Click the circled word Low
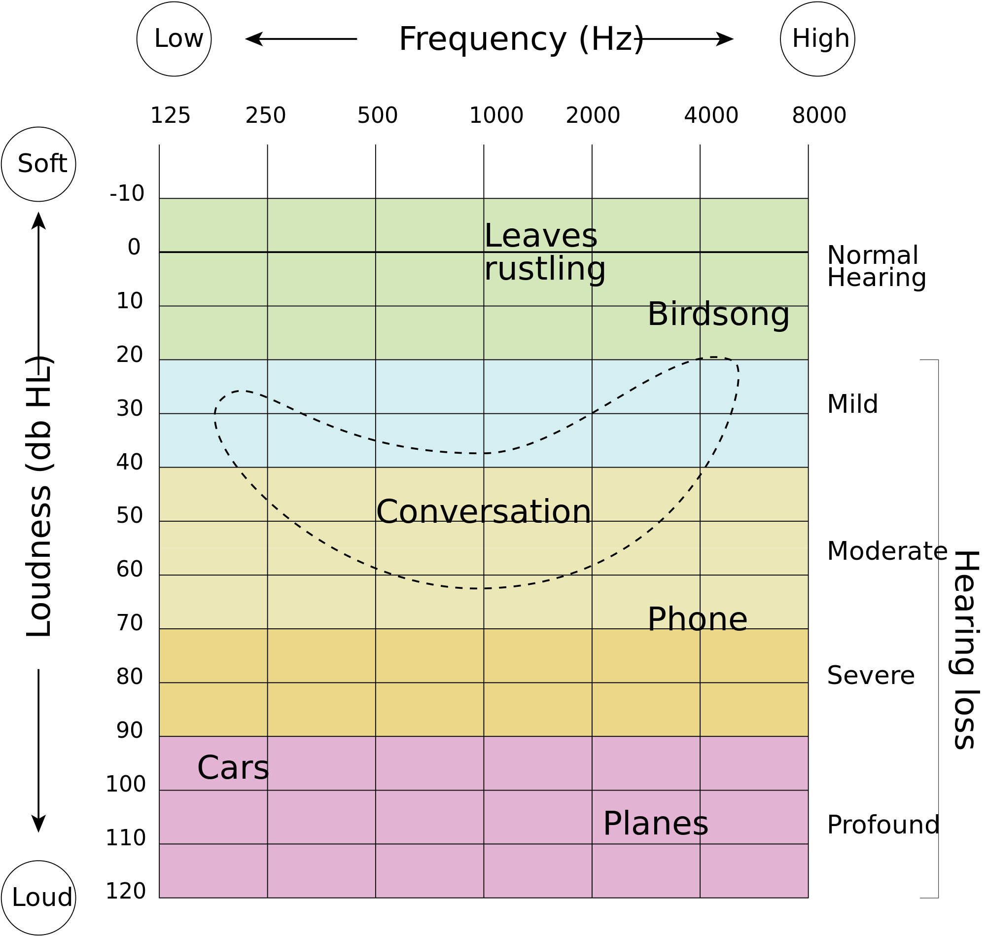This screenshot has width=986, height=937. coord(179,38)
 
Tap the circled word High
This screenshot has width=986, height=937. coord(821,38)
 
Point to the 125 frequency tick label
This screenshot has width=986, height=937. coord(170,115)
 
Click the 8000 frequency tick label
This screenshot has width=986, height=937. coord(819,115)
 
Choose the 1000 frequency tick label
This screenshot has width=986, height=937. coord(496,115)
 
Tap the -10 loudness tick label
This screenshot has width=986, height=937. coord(127,193)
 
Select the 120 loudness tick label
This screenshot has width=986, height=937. coord(125,891)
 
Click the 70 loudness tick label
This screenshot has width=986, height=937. coord(130,623)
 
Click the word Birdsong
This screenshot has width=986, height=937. coord(718,315)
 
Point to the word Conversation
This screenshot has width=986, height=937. coord(483,512)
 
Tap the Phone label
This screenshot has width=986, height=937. coord(698,619)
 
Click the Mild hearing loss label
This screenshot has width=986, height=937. coord(853,404)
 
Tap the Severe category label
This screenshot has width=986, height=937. coord(871,676)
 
